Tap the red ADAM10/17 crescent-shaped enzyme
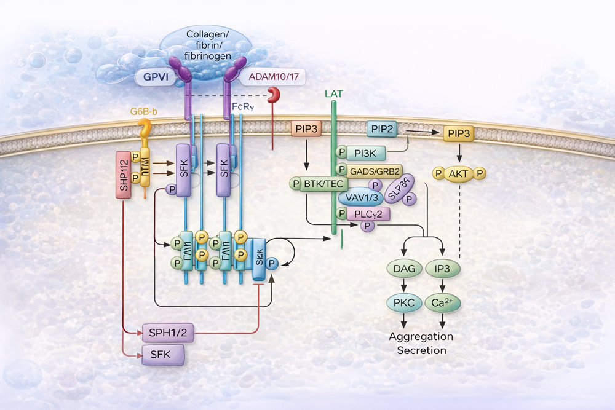coord(272,95)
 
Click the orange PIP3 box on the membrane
coord(306,129)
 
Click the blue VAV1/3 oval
coord(361,197)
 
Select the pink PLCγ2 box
coord(368,214)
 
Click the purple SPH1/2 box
coord(164,334)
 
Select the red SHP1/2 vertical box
coord(124,176)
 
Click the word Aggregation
coord(421,337)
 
